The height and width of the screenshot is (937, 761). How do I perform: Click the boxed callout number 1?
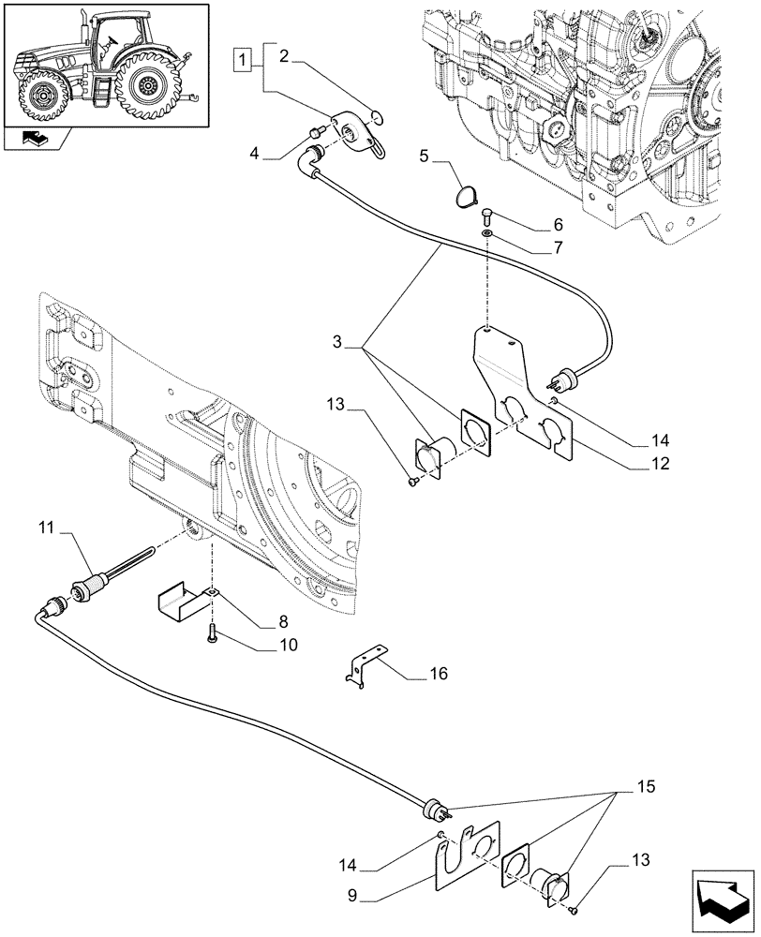point(243,61)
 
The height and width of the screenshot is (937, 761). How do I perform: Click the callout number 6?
point(558,225)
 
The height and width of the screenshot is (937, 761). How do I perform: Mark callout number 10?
point(261,645)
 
